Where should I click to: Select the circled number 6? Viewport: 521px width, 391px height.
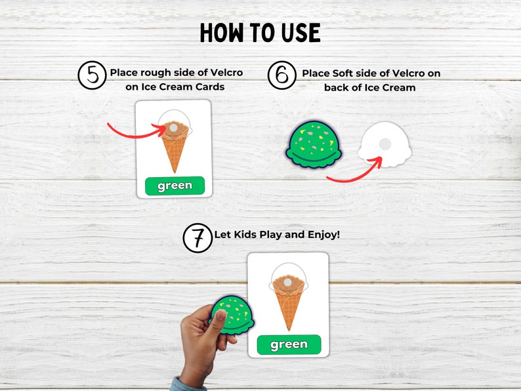click(x=282, y=75)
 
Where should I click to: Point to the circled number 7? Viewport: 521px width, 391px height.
click(x=198, y=237)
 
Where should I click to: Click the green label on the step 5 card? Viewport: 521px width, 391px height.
click(x=175, y=186)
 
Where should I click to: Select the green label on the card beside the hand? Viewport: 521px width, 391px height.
click(x=289, y=344)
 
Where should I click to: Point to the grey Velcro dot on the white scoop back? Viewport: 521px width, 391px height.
click(x=386, y=144)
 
